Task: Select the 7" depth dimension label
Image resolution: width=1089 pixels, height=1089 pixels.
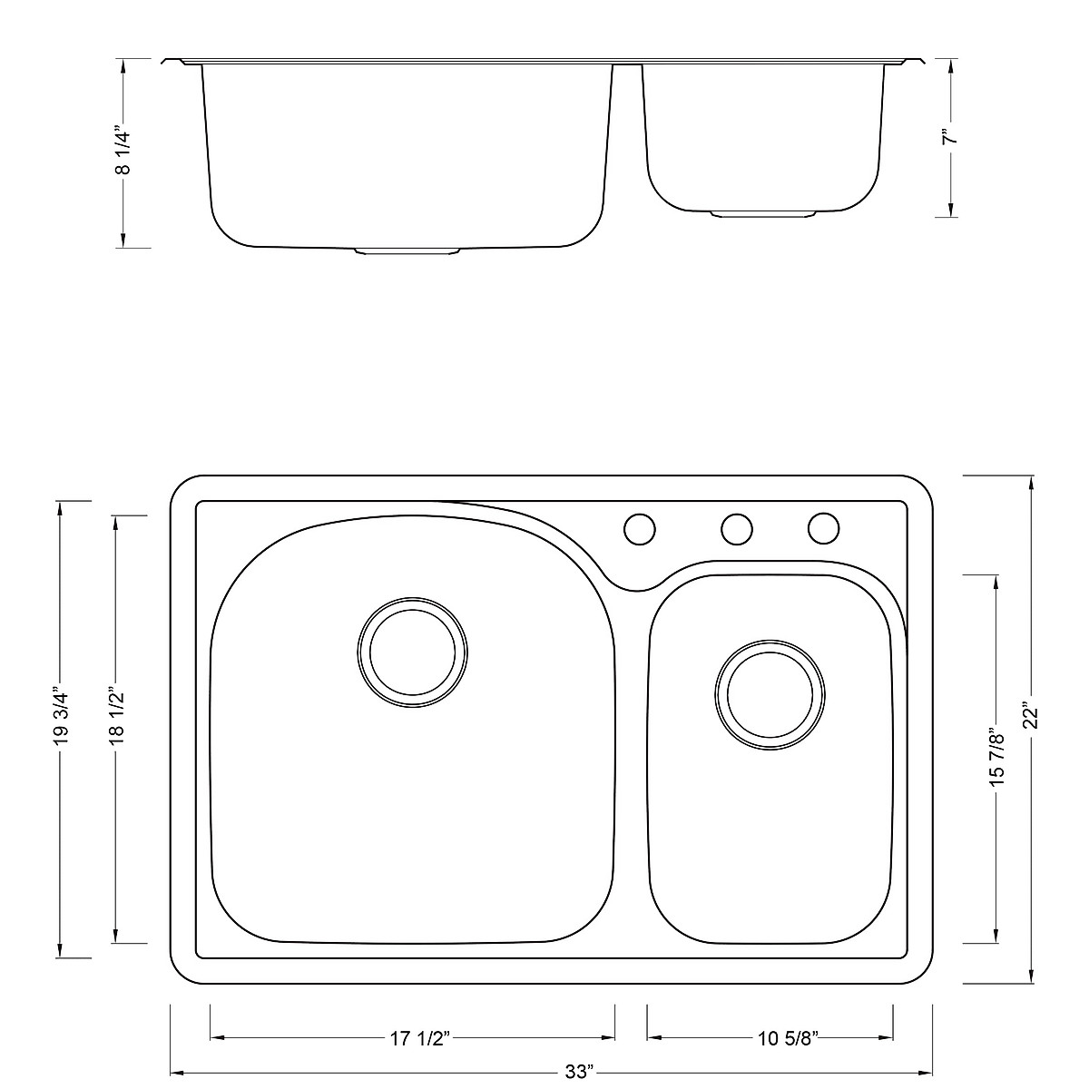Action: click(952, 138)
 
